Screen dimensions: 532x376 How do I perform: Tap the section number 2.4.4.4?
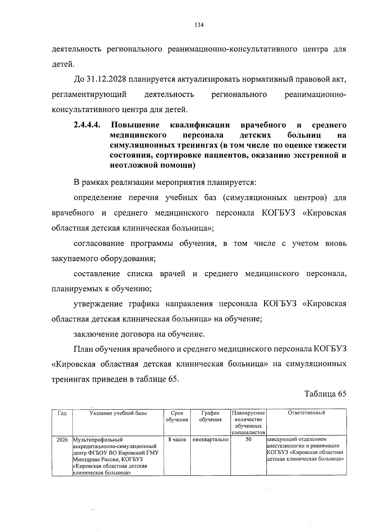[87, 125]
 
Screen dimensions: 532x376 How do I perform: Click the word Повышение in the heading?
[135, 125]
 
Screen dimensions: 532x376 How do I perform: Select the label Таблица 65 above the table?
[326, 394]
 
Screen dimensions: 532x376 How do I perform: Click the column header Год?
[62, 413]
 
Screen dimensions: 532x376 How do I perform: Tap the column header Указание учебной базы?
[118, 413]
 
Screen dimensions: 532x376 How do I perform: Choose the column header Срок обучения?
[177, 416]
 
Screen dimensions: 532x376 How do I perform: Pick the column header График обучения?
[210, 416]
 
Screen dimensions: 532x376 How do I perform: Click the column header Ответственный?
[306, 413]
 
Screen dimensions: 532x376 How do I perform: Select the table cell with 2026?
[62, 440]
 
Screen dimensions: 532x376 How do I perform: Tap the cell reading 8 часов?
[177, 440]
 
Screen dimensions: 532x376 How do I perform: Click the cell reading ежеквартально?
[210, 440]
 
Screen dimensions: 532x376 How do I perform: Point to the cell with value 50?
[248, 440]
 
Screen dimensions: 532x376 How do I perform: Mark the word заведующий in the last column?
[281, 439]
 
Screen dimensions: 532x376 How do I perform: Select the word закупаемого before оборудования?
[75, 259]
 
